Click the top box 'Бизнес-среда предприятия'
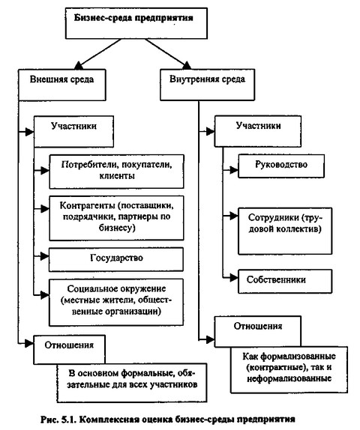tap(136, 23)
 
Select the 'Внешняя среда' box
tap(62, 85)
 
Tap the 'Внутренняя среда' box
tap(207, 85)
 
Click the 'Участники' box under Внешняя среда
tap(73, 131)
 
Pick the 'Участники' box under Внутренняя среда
tap(258, 131)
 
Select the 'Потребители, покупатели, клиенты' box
tap(116, 172)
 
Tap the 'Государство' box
tap(116, 259)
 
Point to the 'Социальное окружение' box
tap(116, 302)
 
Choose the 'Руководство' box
tap(281, 166)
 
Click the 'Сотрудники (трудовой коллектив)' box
tap(285, 231)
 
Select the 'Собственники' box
tap(285, 281)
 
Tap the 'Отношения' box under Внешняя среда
tap(70, 350)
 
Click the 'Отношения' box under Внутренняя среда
tap(258, 332)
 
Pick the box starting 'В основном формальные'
tap(132, 383)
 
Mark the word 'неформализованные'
tap(289, 379)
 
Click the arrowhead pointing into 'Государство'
tap(45, 256)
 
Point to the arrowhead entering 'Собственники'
tap(234, 278)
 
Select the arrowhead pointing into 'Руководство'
tap(234, 170)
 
